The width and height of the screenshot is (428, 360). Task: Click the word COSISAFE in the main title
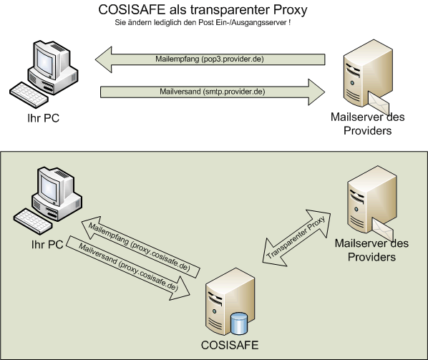(x=132, y=10)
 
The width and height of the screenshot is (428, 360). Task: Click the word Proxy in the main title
(x=291, y=11)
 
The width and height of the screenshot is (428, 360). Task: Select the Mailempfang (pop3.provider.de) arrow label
(x=210, y=59)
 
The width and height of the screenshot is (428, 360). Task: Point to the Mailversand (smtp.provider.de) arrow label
(x=213, y=92)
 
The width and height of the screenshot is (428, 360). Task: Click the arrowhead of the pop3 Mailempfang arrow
(x=104, y=59)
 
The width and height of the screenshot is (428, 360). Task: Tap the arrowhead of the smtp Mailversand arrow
(x=316, y=92)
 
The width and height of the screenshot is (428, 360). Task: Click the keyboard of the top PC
(x=29, y=94)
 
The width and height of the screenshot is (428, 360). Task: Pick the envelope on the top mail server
(x=379, y=103)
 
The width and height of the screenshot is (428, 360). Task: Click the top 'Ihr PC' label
(x=44, y=118)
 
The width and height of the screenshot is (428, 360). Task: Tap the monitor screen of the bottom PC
(x=49, y=188)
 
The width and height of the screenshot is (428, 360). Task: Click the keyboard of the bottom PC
(x=33, y=221)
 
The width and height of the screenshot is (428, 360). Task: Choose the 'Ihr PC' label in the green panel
(x=47, y=245)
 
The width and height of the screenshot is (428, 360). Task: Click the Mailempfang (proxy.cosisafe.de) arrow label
(x=140, y=247)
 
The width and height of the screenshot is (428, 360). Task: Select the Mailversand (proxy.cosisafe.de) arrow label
(x=129, y=266)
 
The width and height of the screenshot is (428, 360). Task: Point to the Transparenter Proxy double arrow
(x=297, y=238)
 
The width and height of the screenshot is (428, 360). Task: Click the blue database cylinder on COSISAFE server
(x=239, y=323)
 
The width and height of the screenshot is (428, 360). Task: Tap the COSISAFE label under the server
(x=230, y=345)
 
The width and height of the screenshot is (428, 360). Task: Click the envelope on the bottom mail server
(x=383, y=230)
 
